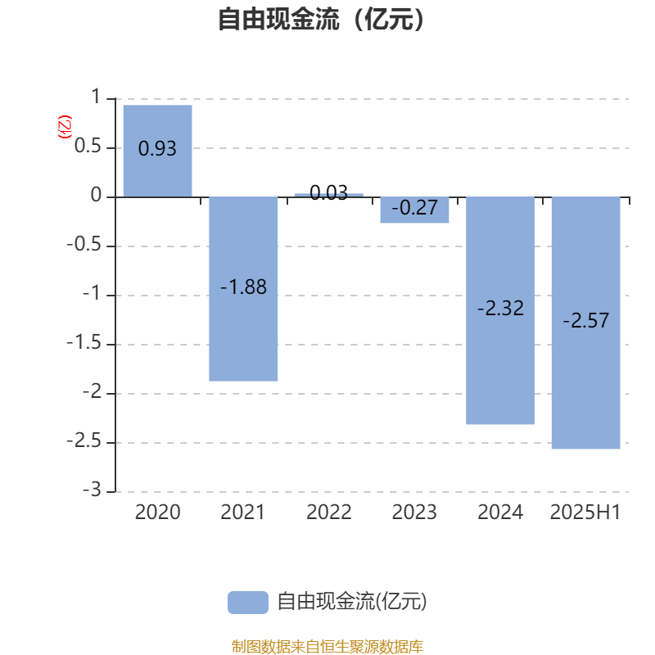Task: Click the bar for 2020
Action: coord(157,151)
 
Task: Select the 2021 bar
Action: coord(243,289)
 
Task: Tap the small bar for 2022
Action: coord(329,195)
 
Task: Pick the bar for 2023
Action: coord(414,210)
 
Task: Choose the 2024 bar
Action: coord(500,310)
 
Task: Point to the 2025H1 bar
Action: coord(585,323)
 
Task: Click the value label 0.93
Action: coord(157,149)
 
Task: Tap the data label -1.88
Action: coord(243,287)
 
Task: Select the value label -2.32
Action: coord(500,309)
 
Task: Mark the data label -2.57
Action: coord(585,320)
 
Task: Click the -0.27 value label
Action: coord(414,208)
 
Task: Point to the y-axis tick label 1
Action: coord(96,97)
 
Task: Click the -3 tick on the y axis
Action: coord(92,490)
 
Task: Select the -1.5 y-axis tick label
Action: coord(84,342)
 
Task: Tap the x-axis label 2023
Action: coord(414,513)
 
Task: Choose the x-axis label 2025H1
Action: coord(585,513)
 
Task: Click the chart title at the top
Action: coord(321,19)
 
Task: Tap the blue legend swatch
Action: coord(248,603)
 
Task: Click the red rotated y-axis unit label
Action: coord(65,127)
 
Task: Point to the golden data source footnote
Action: coord(327,646)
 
